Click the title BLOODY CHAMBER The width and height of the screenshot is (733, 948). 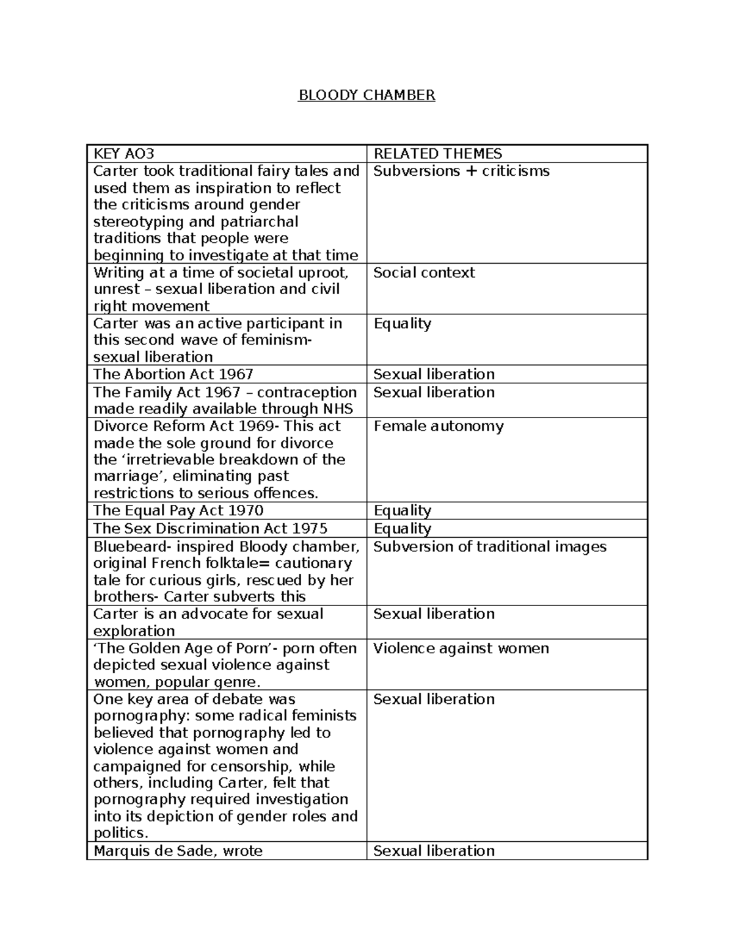(x=366, y=95)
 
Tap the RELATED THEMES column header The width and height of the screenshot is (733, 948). (x=437, y=154)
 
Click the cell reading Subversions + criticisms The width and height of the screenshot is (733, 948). (x=461, y=171)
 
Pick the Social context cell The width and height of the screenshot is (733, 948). (x=424, y=273)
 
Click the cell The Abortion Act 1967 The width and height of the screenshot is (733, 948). (x=173, y=374)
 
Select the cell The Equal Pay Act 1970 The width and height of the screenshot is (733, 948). (x=178, y=510)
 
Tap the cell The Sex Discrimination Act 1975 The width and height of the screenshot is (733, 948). (x=210, y=529)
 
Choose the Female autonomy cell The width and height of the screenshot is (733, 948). (x=438, y=426)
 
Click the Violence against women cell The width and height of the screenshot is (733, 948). (x=461, y=648)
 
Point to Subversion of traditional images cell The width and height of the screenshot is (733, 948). (x=489, y=546)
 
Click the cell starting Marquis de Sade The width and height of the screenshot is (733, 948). (x=178, y=850)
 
